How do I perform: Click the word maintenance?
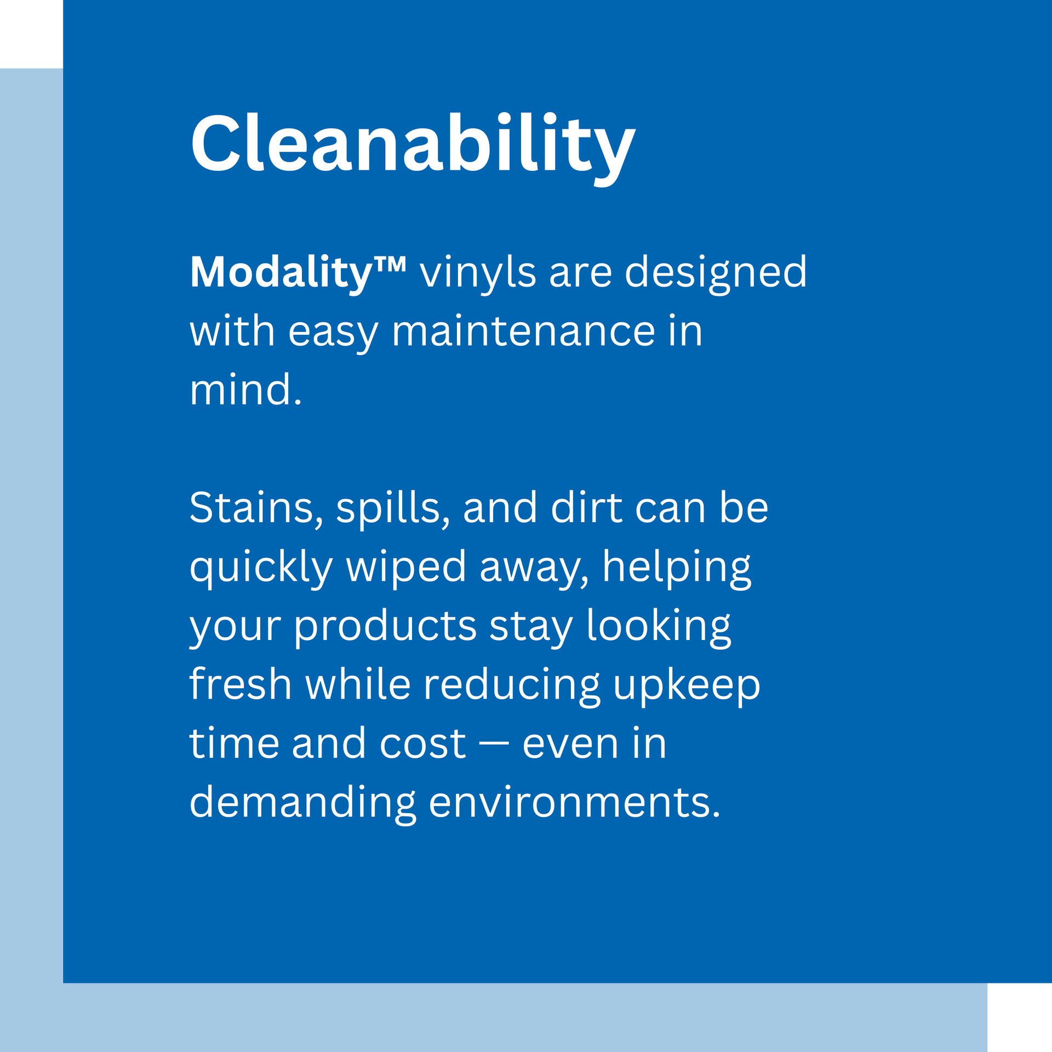(x=524, y=331)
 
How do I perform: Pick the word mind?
(x=245, y=390)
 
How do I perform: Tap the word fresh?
(x=241, y=684)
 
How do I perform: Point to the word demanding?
(x=303, y=804)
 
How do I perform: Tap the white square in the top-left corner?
(x=31, y=34)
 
